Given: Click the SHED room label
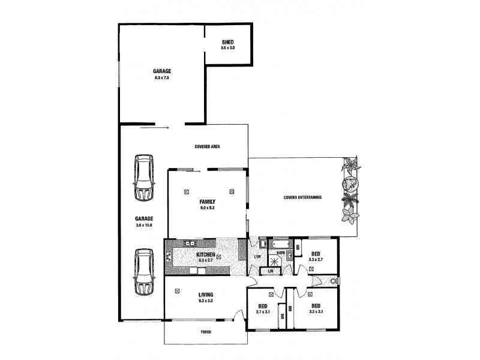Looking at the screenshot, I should [227, 42].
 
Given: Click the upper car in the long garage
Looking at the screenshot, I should [144, 178].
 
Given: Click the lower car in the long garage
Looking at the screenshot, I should [144, 272].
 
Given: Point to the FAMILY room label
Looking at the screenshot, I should [208, 202].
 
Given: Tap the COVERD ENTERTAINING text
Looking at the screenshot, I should [302, 197].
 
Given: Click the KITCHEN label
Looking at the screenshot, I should [205, 254].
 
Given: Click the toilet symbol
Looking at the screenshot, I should [332, 281].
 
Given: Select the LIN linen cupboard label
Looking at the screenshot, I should [271, 272].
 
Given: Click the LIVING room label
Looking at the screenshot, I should [205, 295].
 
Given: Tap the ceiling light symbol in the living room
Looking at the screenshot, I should [178, 291].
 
